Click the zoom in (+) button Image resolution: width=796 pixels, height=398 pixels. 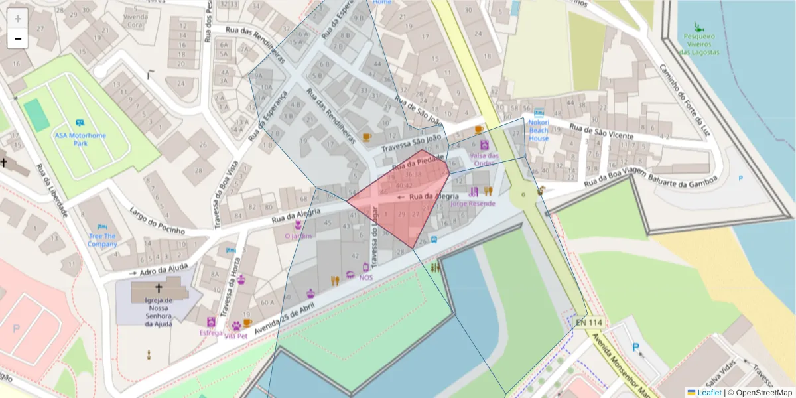click(18, 18)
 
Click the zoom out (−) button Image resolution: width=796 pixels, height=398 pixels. click(18, 38)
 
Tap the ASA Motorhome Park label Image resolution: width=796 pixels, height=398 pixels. click(80, 139)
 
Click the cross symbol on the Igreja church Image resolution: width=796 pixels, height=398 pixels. click(159, 289)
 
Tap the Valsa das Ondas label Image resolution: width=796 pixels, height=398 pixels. click(484, 159)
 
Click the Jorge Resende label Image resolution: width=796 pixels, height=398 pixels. click(472, 203)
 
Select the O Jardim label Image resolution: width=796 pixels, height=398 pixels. click(298, 235)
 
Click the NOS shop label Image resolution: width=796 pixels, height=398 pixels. click(366, 277)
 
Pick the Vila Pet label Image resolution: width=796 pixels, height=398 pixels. click(236, 336)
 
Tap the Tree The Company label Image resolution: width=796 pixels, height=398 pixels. click(101, 239)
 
